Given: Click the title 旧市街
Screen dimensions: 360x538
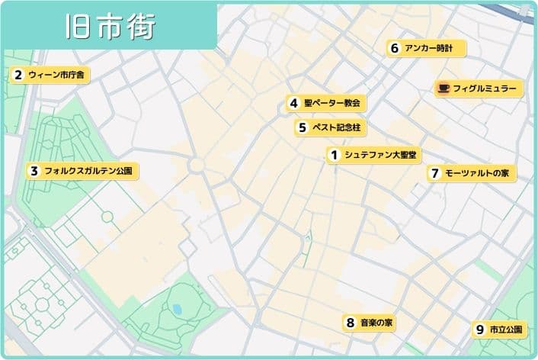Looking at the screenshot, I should click(110, 26).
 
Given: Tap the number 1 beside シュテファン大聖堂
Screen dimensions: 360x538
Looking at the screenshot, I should click(334, 156).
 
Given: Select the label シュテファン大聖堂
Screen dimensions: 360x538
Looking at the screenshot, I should click(380, 156).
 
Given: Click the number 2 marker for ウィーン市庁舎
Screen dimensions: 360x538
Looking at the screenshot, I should click(17, 75).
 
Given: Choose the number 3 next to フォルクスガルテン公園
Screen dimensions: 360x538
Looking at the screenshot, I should click(34, 171).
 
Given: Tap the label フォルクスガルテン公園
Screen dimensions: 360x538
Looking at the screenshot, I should click(88, 171).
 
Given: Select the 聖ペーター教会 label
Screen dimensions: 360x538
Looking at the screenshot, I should click(331, 103).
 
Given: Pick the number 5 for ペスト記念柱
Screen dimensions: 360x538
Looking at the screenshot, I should click(303, 127).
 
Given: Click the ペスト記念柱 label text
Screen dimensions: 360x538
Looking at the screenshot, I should click(335, 127).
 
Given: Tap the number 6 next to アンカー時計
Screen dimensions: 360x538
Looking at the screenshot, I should click(395, 48).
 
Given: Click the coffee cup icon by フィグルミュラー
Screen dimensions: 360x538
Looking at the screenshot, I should click(443, 88).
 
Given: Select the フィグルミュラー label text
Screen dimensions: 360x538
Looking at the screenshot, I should click(485, 89).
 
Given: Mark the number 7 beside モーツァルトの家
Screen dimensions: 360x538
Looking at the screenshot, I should click(434, 173).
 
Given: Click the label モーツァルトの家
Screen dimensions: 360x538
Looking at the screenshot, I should click(476, 173).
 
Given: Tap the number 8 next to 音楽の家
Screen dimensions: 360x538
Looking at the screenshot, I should click(350, 323).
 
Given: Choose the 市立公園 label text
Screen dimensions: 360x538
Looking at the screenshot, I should click(505, 329).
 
